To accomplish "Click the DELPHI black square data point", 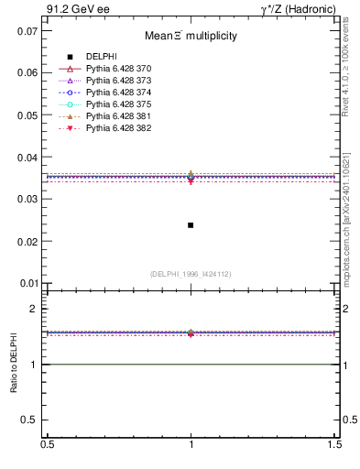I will pos(191,224).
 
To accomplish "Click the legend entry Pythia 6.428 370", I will pos(118,69).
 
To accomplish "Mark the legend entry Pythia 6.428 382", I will pos(118,128).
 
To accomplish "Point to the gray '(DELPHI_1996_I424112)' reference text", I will pos(191,274).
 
